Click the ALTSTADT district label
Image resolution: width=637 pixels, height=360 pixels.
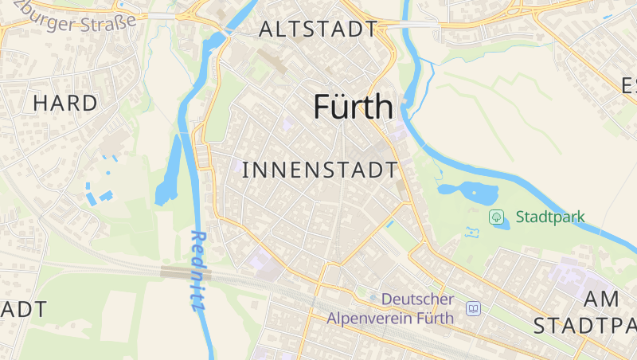tap(318, 29)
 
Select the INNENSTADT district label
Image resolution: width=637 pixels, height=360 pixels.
tap(318, 170)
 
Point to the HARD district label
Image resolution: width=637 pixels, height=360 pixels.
tap(65, 103)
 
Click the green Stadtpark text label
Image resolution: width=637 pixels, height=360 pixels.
tap(550, 217)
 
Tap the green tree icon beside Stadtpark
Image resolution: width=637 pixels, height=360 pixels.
tap(496, 217)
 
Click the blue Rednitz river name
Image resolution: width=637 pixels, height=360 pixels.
tap(198, 271)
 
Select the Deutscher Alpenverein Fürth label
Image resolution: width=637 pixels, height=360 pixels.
tap(390, 309)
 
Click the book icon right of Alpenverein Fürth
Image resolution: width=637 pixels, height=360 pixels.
tap(474, 308)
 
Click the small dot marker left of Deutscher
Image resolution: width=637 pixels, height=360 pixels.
tap(373, 299)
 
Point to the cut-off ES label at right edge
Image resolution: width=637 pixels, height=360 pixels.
tap(629, 85)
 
